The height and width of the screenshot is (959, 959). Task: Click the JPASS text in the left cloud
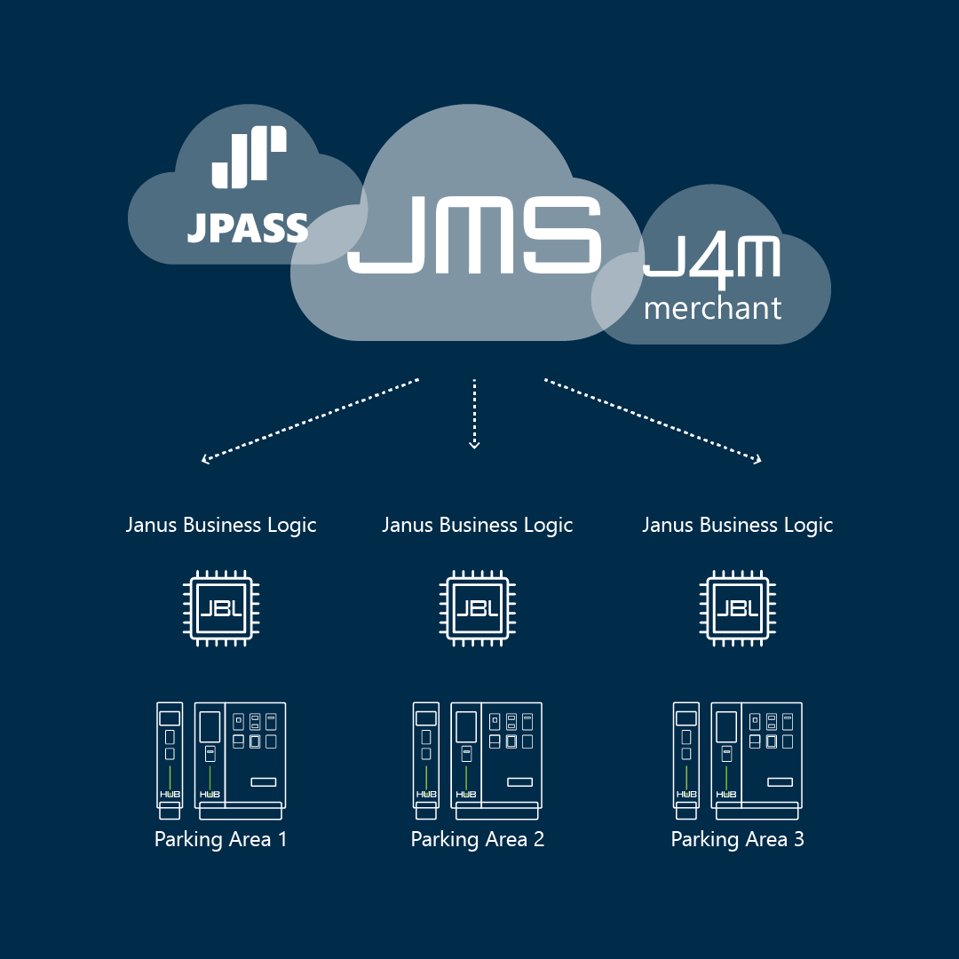pos(247,228)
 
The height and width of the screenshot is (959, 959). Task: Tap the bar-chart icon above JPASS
pos(249,157)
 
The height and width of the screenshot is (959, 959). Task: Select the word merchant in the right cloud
pos(712,308)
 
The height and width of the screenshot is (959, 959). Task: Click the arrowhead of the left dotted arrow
pos(206,459)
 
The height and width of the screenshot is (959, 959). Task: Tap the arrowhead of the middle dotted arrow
pos(474,444)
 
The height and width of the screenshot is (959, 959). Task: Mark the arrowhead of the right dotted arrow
pos(757,459)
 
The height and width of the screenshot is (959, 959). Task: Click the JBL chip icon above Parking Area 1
pos(220,608)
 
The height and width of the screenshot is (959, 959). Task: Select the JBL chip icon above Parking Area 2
pos(477,608)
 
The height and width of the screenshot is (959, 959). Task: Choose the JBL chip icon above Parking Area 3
pos(737,608)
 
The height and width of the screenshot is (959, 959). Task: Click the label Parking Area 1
pos(220,839)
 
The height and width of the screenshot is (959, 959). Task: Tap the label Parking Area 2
pos(477,839)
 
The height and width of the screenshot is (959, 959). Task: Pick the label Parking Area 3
pos(737,839)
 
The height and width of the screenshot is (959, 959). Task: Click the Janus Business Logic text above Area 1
pos(220,525)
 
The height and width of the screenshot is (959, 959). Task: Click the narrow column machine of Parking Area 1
pos(170,759)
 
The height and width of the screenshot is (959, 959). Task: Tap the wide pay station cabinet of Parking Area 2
pos(496,759)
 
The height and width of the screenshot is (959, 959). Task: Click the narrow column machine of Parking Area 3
pos(686,759)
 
